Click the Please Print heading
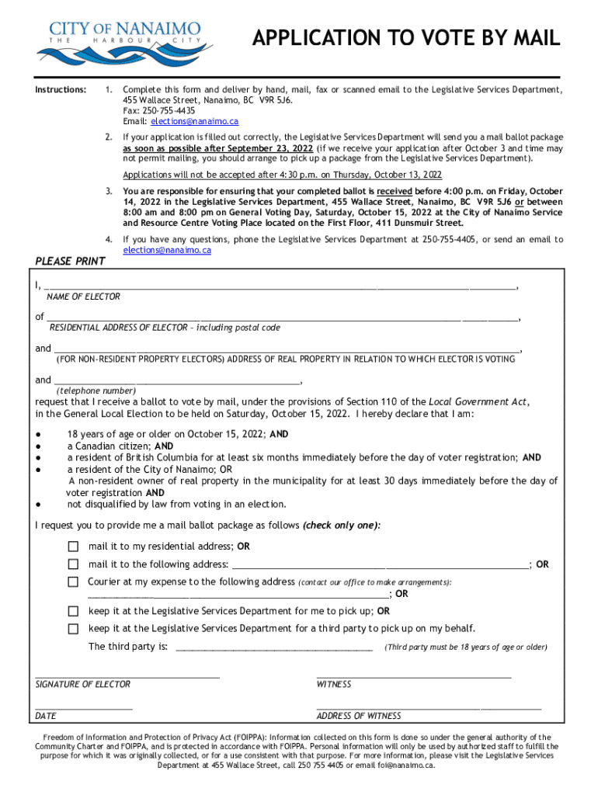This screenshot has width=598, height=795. pos(71,262)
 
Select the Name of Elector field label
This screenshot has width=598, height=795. pos(83,297)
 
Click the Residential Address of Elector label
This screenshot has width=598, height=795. pos(165,328)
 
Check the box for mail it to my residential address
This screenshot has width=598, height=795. pos(73,547)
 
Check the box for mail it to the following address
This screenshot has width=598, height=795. pos(73,564)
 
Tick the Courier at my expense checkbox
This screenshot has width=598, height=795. pos(73,581)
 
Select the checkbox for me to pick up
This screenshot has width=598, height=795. pos(73,611)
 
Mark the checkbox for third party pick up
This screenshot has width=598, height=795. pos(73,628)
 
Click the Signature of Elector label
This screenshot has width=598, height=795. pos(83,684)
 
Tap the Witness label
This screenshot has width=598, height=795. pos(334,684)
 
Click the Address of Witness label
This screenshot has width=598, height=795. pos(359,716)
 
